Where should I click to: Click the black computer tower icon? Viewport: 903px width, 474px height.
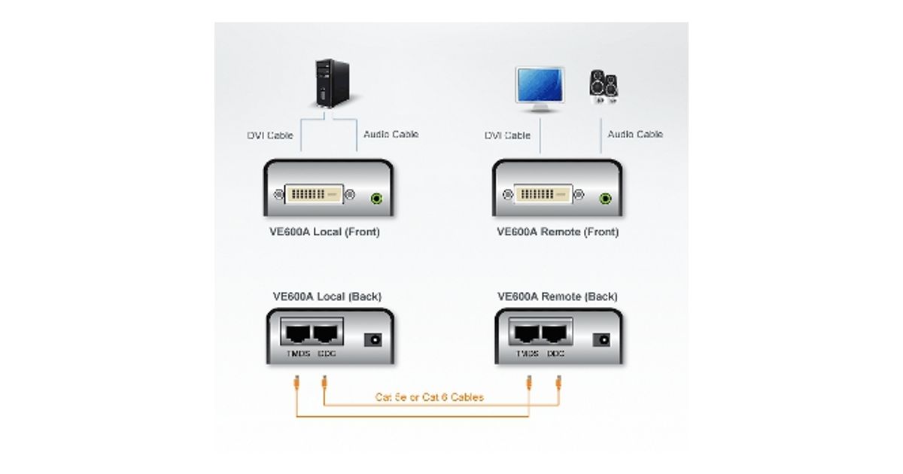(x=330, y=85)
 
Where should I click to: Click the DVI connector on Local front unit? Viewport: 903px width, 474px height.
(x=315, y=195)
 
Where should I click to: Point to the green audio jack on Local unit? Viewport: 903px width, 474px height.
(x=378, y=199)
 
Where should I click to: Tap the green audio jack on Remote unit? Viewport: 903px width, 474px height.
(x=606, y=199)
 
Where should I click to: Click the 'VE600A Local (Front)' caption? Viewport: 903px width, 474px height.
(x=324, y=232)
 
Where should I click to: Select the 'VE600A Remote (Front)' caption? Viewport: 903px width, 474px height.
(x=558, y=232)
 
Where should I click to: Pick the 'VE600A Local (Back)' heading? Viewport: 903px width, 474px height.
(x=327, y=296)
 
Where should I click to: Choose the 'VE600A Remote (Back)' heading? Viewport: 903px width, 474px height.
(x=558, y=296)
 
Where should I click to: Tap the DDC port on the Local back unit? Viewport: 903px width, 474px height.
(x=327, y=333)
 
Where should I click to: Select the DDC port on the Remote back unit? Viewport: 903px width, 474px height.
(x=556, y=333)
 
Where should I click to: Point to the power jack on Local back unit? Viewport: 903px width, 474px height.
(x=372, y=340)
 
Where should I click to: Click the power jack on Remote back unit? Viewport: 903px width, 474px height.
(x=601, y=340)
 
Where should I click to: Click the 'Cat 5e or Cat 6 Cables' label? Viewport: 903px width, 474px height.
(x=430, y=397)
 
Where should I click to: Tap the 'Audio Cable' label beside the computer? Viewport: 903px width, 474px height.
(x=391, y=134)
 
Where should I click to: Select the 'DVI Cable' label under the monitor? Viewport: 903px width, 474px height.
(x=507, y=135)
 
